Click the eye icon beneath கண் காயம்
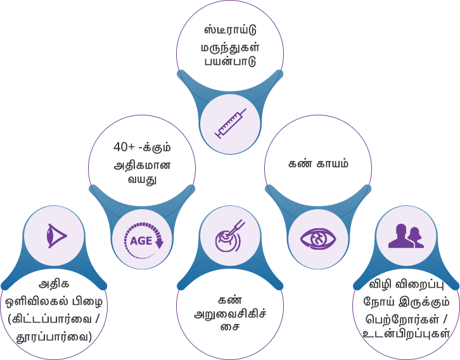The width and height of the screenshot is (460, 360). tap(318, 239)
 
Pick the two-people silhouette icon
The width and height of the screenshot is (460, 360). tap(406, 236)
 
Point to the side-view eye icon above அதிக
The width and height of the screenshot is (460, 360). tap(55, 236)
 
